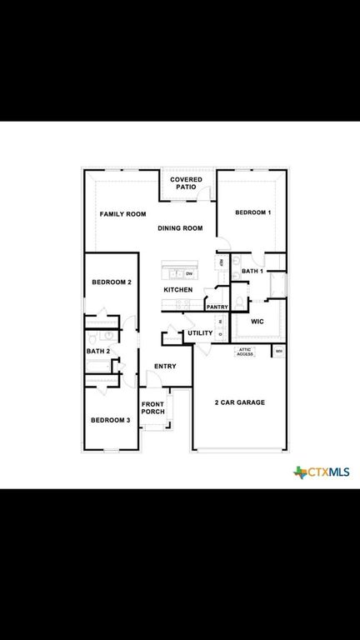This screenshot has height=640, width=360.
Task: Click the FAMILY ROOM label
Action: click(122, 214)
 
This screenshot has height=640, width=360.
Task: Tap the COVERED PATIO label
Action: click(185, 183)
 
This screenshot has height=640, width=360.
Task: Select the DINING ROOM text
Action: click(180, 228)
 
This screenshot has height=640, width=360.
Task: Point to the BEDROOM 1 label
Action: click(252, 213)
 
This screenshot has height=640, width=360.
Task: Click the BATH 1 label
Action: click(252, 272)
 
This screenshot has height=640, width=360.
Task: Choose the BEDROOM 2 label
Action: click(111, 282)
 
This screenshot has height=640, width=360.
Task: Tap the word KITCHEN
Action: click(178, 290)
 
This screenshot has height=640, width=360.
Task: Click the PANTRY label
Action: click(217, 307)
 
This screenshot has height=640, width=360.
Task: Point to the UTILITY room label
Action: click(200, 333)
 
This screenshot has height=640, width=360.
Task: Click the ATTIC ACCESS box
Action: click(245, 352)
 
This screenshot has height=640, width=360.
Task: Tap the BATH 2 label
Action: click(97, 351)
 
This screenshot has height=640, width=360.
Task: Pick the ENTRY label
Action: click(165, 367)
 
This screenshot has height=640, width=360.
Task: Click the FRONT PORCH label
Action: click(152, 407)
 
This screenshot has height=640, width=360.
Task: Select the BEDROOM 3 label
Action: click(110, 420)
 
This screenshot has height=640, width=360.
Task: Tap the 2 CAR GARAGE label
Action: click(239, 402)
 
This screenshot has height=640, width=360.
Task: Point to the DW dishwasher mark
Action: click(189, 273)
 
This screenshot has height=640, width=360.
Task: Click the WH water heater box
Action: click(278, 351)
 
